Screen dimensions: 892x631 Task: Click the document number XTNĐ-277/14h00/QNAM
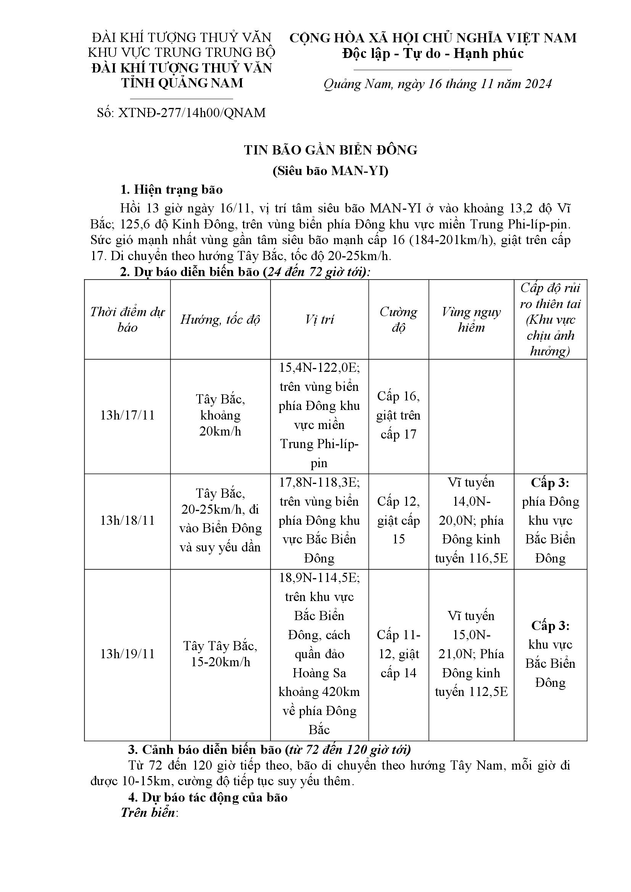click(x=182, y=113)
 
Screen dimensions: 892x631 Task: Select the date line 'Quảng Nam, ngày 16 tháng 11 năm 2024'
click(x=438, y=84)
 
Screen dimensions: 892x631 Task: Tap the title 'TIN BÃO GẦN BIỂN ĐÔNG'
click(x=331, y=150)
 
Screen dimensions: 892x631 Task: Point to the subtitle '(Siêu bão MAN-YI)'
click(x=331, y=171)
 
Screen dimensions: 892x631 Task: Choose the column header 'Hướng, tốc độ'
click(x=220, y=320)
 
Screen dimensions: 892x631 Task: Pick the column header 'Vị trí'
click(x=319, y=320)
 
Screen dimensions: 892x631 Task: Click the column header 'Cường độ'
click(x=398, y=320)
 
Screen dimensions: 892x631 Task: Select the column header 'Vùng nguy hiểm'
click(x=471, y=320)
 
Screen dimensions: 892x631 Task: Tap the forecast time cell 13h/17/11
click(x=127, y=415)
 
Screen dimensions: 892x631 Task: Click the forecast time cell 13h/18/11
click(x=127, y=520)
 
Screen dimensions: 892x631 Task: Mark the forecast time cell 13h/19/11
click(x=127, y=654)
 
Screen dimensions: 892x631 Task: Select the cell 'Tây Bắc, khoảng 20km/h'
click(x=220, y=415)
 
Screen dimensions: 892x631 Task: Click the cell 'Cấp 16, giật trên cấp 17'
click(x=398, y=415)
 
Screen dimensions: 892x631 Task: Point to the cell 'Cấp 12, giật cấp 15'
click(x=398, y=520)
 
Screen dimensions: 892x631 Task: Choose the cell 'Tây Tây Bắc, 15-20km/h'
click(x=220, y=654)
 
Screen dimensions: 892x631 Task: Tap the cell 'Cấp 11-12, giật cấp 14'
click(x=398, y=654)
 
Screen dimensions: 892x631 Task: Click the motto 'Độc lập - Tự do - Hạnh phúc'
click(x=433, y=54)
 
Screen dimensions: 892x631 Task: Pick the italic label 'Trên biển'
click(x=148, y=813)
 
